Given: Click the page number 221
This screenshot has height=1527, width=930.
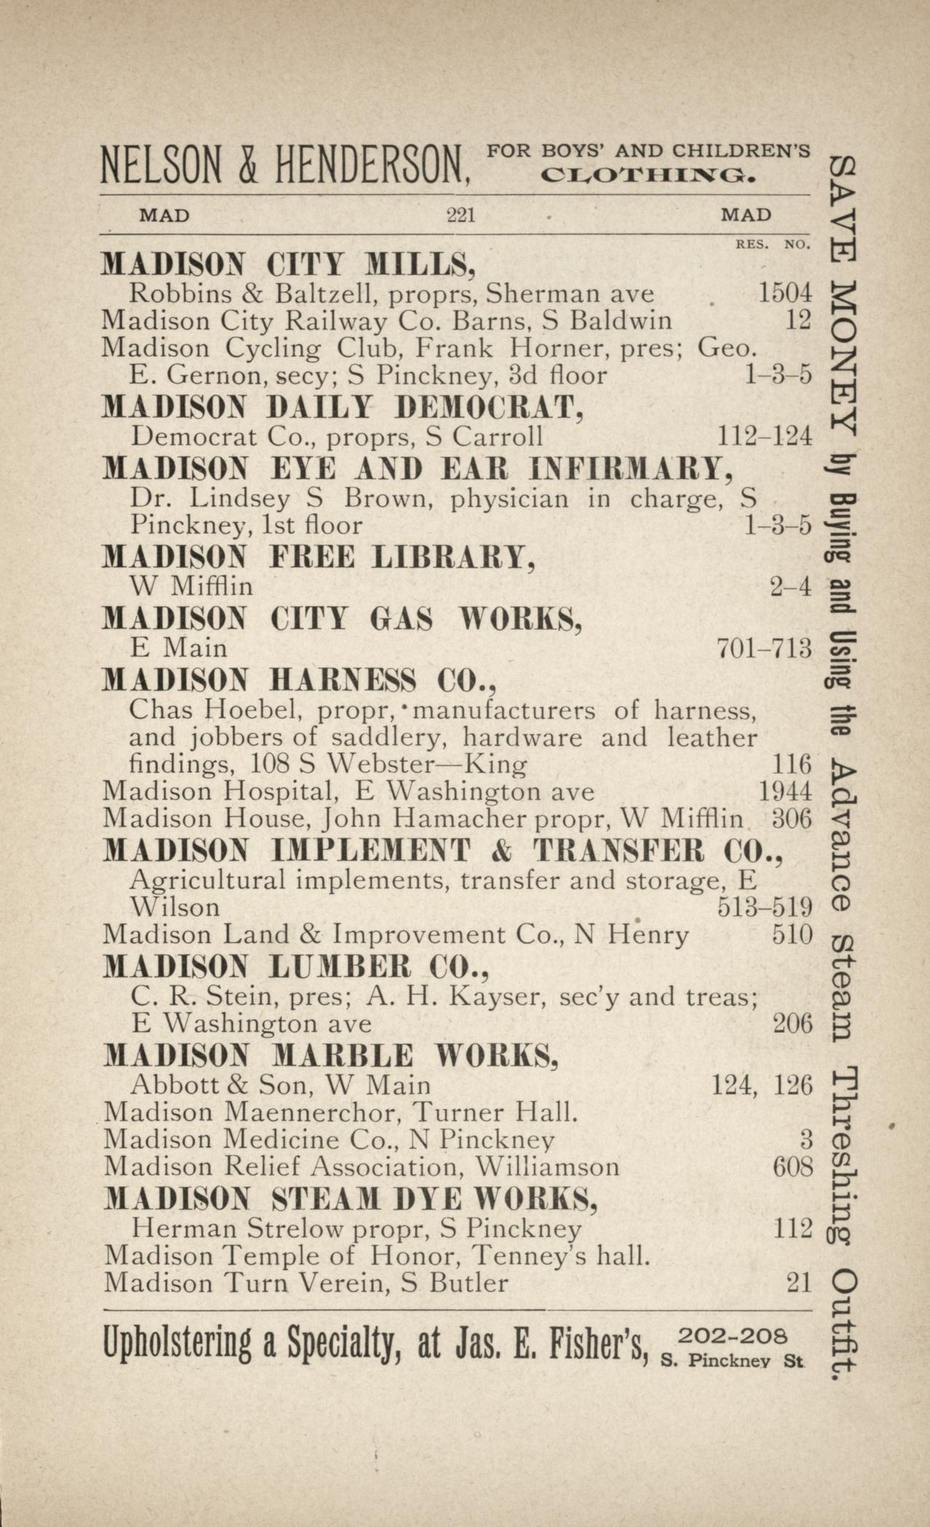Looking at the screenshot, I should click(460, 216).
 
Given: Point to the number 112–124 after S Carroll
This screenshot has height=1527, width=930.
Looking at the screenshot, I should click(764, 436).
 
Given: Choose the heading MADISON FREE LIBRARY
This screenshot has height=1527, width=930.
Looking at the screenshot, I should click(320, 558).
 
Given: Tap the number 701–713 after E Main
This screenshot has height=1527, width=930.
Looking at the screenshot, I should click(764, 647).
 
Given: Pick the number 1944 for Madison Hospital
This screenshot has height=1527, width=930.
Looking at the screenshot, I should click(784, 791).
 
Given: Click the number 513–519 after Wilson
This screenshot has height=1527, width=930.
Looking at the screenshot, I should click(764, 908).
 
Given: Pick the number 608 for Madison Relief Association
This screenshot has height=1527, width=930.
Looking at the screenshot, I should click(791, 1167).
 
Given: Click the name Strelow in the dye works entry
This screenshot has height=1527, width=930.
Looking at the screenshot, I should click(294, 1229).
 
